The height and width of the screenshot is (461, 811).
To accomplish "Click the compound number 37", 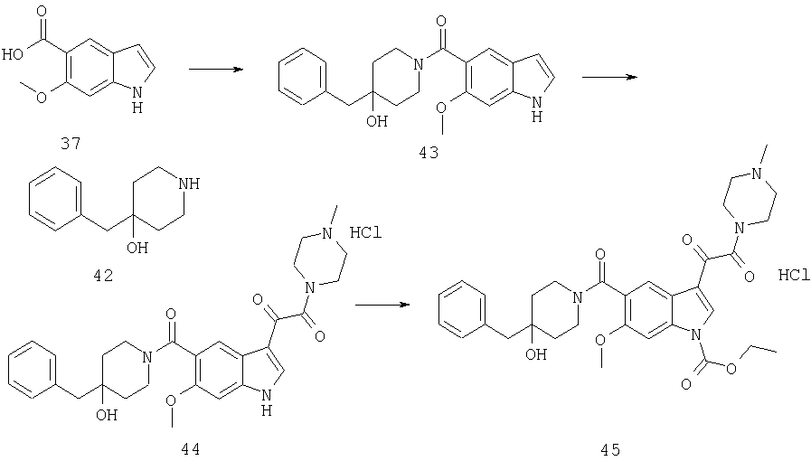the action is point(71,143).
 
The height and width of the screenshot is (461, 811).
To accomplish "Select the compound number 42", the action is point(103,276).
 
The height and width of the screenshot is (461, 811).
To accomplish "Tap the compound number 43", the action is point(429,153).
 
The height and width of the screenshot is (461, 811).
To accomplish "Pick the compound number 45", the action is point(610,450).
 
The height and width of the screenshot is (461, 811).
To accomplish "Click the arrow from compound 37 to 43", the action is point(216,69).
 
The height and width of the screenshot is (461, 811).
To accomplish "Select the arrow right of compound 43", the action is point(609,77).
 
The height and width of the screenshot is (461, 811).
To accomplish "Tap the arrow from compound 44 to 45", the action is point(382,305).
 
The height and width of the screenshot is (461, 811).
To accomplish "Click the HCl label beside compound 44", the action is point(365,232).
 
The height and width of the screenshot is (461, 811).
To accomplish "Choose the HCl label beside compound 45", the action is point(794,276).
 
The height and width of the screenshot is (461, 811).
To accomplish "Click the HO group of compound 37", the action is point(13,54).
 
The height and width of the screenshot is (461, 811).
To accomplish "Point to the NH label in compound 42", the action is point(188,183).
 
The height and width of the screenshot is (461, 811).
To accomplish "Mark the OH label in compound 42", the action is point(137,248).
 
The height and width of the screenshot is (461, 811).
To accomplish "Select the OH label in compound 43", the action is point(376,121).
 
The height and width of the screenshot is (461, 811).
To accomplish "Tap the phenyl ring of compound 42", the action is point(55,205).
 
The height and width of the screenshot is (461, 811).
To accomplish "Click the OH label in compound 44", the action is point(106,414).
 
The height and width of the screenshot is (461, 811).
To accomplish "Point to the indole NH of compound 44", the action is point(267,403).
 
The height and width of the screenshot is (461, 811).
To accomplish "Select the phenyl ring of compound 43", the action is point(304,75).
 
